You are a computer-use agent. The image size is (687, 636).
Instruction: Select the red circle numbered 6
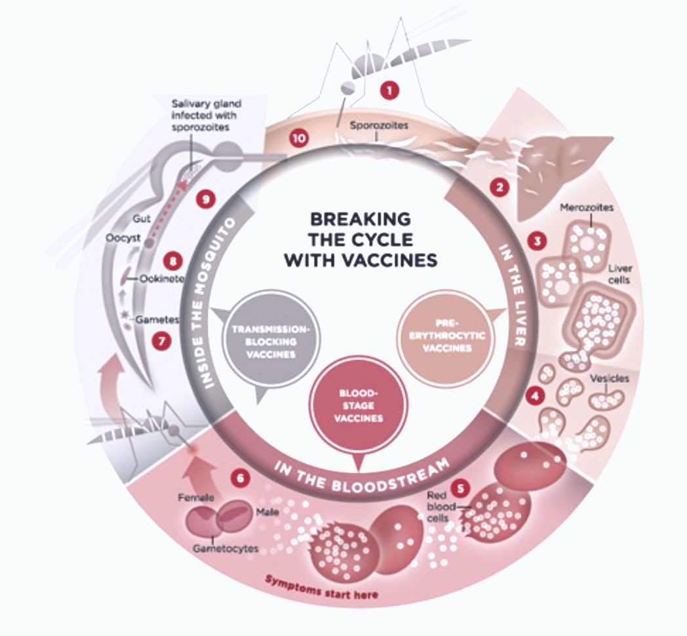241,479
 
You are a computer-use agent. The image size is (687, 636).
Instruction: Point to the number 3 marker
538,241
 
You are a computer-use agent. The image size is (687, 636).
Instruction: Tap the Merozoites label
587,208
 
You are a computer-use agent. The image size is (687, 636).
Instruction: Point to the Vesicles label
610,379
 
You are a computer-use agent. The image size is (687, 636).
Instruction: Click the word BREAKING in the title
360,218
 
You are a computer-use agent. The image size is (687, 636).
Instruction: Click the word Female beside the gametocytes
196,498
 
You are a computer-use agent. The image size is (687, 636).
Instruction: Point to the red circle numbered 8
174,261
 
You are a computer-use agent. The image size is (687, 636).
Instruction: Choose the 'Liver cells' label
619,274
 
